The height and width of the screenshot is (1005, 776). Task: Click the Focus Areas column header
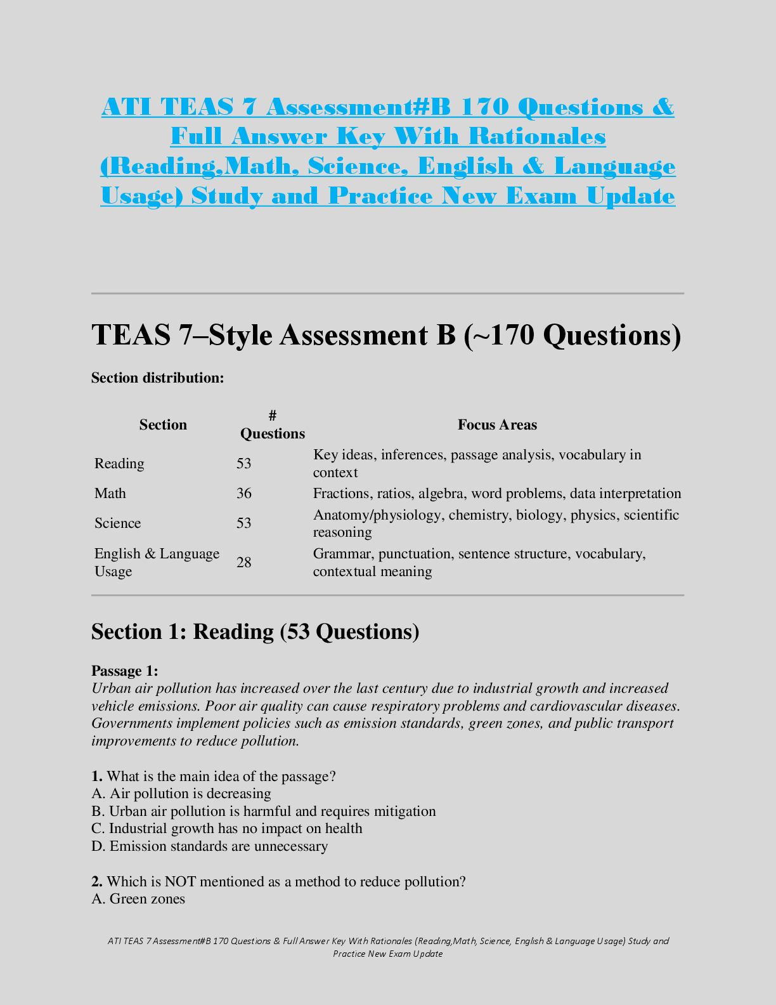(x=497, y=425)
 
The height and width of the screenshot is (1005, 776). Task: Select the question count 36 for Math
(x=244, y=494)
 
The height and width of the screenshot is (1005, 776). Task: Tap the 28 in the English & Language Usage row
(x=244, y=563)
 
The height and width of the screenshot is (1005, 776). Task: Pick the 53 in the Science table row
(x=244, y=523)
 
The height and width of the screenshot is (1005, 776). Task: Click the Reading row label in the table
(x=119, y=464)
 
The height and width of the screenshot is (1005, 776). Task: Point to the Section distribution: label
(x=158, y=378)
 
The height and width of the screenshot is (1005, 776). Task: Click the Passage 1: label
(x=125, y=671)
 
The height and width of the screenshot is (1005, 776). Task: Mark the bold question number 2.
(x=97, y=882)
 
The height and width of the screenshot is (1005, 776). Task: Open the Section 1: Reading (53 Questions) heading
(x=255, y=632)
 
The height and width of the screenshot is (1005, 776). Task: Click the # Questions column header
(x=273, y=425)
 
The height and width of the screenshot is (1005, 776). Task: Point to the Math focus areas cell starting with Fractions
(x=497, y=494)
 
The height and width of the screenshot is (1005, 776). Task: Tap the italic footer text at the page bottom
(x=388, y=947)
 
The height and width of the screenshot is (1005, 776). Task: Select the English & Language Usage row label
(x=157, y=563)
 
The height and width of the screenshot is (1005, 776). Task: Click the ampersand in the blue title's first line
(x=663, y=107)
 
